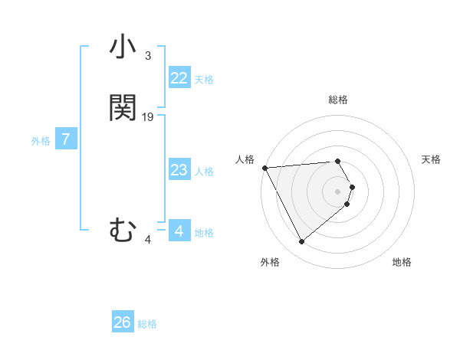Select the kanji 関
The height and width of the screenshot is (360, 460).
coord(123,108)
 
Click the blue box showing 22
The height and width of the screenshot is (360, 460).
coord(179,78)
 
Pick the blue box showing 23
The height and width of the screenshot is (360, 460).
coord(179,170)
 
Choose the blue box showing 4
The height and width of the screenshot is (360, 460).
coord(179,231)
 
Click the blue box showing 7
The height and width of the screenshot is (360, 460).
coord(66,139)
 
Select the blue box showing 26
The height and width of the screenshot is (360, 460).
coord(123,322)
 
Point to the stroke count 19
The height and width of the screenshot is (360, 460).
coord(148,117)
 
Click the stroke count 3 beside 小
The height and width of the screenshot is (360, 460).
coord(148,56)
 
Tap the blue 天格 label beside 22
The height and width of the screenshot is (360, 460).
coord(204,79)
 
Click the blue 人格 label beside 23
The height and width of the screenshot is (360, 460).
coord(204,171)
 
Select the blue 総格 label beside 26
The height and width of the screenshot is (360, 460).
coord(147,323)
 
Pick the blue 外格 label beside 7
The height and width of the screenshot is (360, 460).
coord(41,141)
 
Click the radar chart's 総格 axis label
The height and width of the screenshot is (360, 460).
coord(338,100)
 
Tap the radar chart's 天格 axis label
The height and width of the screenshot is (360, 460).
coord(432,159)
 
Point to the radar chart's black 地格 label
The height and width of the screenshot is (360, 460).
coord(402,262)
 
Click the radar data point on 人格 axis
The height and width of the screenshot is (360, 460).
coord(264,167)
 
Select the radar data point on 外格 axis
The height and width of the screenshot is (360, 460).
coord(301,242)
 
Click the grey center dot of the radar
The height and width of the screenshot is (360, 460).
coord(338,191)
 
